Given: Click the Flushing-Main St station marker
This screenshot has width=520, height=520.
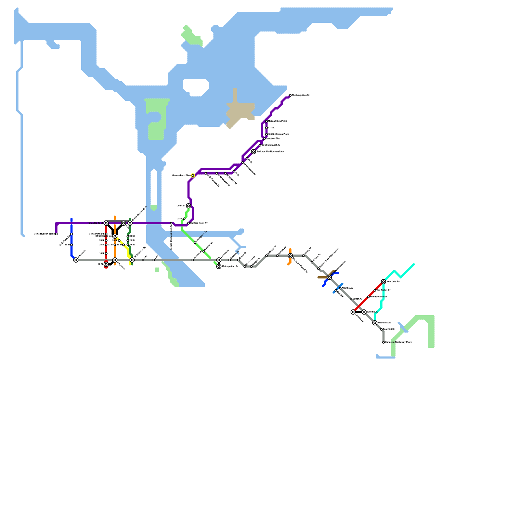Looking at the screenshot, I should point(290,95).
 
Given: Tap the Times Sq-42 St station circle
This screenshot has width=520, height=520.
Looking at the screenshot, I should point(106,223).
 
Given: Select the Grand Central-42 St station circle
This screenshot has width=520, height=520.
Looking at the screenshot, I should point(130,223).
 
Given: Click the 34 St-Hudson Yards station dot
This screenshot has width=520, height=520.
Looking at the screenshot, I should point(56,234).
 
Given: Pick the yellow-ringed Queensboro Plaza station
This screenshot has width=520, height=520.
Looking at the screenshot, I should point(193,175).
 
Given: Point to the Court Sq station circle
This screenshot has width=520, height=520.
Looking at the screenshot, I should point(188,206).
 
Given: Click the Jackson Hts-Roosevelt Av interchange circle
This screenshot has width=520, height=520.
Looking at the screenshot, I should point(253,152).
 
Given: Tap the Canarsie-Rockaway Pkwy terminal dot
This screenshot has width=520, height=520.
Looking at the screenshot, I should point(383,342).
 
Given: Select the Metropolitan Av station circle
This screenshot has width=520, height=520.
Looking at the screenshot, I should point(219,266).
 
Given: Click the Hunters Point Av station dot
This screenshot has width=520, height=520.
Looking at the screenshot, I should point(188,223).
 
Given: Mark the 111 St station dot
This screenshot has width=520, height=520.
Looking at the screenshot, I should point(266,128).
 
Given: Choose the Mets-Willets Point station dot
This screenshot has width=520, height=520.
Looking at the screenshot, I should point(266,121).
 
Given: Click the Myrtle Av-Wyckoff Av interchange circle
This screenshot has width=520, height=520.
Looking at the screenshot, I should point(290,256).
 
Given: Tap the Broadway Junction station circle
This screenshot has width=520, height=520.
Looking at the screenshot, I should point(329,277).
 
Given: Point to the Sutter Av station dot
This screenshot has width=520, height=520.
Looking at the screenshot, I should point(351,299).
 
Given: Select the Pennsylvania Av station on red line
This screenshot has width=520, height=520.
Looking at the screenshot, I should point(368,297).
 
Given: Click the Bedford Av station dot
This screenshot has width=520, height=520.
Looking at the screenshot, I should point(193,260).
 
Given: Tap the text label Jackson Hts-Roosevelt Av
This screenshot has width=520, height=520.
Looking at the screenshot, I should point(270,152).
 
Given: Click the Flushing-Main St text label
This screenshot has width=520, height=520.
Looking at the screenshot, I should point(301,95).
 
